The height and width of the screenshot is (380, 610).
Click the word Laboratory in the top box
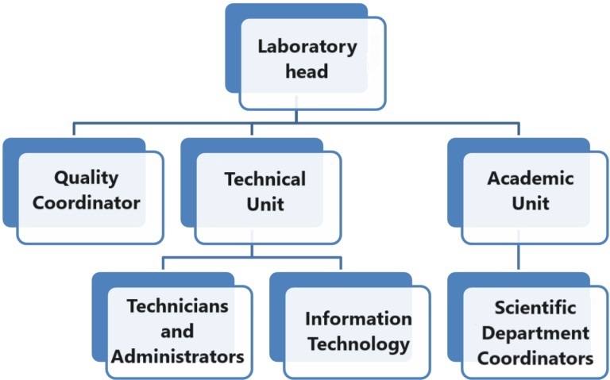307,46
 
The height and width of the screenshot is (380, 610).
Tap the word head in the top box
307,72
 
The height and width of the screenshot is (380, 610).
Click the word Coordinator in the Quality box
86,202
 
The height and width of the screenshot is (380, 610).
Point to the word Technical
264,178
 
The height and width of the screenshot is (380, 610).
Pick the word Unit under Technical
264,204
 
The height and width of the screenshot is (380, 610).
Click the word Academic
530,178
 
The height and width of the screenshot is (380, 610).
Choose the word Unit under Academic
530,204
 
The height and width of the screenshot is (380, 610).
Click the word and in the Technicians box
177,331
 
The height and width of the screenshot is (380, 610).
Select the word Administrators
177,356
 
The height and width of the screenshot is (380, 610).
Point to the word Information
358,319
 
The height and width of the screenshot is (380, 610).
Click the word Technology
359,345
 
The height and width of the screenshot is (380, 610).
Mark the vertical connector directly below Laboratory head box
297,116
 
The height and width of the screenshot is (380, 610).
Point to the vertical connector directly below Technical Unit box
252,249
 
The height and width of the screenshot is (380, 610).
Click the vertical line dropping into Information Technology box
342,264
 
